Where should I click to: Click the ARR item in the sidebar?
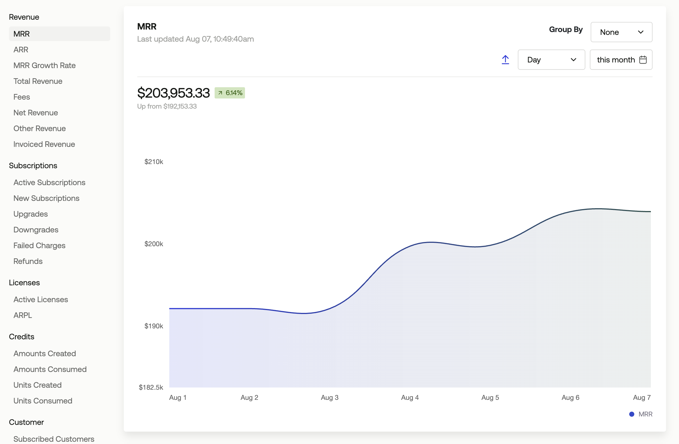21,50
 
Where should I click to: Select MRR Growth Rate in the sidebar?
44,65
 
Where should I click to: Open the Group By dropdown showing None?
621,32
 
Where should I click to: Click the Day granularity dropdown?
551,60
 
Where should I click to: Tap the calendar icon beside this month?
643,60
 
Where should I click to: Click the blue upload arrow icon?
505,60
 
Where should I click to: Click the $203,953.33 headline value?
174,93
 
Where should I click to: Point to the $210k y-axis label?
154,162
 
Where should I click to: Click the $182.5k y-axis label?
151,387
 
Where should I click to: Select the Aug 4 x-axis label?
410,398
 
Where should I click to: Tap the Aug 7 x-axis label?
642,398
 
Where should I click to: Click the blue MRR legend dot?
632,414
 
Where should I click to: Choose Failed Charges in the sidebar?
39,245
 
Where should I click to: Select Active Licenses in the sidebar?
41,299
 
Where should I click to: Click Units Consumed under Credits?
43,401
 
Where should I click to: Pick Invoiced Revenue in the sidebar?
44,144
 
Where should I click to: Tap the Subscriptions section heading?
33,165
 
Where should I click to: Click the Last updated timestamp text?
195,39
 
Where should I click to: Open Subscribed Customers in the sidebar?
54,439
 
